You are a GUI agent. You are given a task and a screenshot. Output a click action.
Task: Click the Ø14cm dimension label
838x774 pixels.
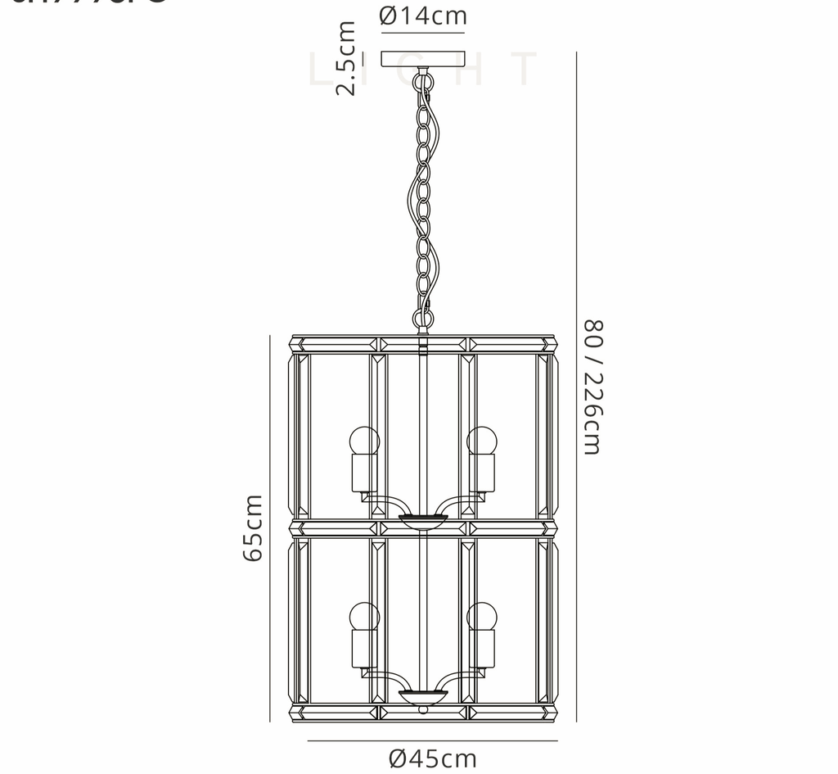click(423, 16)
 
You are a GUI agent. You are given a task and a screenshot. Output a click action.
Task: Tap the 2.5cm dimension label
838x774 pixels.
click(347, 58)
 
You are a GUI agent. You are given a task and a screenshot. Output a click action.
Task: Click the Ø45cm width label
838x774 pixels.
click(433, 758)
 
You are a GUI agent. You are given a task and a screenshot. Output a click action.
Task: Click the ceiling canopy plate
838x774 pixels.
click(423, 59)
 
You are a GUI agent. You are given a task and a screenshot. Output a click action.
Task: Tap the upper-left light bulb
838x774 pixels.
click(365, 441)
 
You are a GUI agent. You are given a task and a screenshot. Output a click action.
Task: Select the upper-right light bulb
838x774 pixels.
click(482, 441)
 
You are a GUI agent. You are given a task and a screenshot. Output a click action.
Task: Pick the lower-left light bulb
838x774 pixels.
click(365, 615)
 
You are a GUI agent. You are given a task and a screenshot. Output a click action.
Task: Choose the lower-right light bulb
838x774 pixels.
click(482, 615)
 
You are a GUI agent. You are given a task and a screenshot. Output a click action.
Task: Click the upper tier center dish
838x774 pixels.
click(423, 519)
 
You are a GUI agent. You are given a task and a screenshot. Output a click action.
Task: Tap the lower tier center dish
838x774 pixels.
click(423, 695)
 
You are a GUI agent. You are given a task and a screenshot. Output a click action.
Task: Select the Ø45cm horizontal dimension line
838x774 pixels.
click(432, 740)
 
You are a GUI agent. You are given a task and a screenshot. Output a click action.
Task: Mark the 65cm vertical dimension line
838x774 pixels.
click(270, 528)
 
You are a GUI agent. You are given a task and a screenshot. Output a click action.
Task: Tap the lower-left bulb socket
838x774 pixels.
click(365, 647)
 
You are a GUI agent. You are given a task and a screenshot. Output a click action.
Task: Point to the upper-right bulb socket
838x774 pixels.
click(482, 473)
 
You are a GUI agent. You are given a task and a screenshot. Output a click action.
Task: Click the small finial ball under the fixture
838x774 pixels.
click(423, 709)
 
